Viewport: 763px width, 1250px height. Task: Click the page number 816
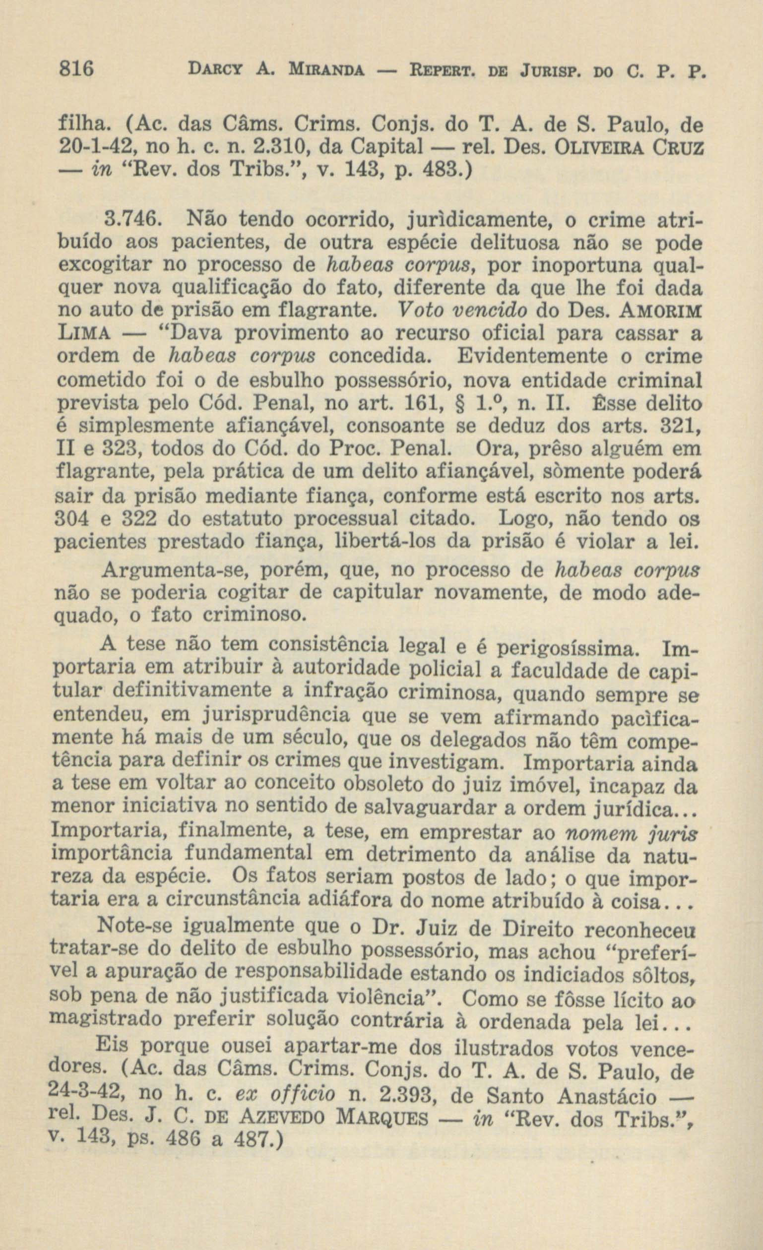point(75,68)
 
